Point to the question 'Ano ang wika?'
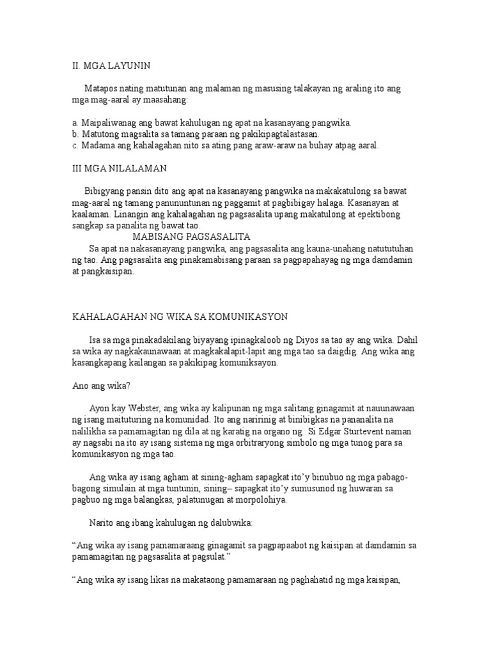coord(96,385)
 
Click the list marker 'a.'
coord(75,122)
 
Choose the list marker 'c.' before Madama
coord(75,145)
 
